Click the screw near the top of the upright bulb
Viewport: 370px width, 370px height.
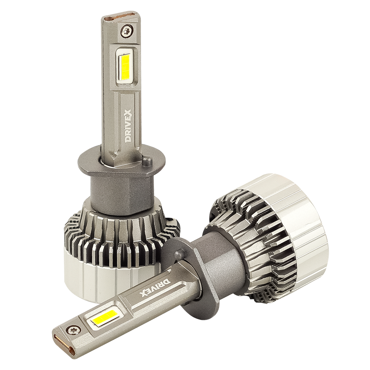[x=128, y=29]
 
